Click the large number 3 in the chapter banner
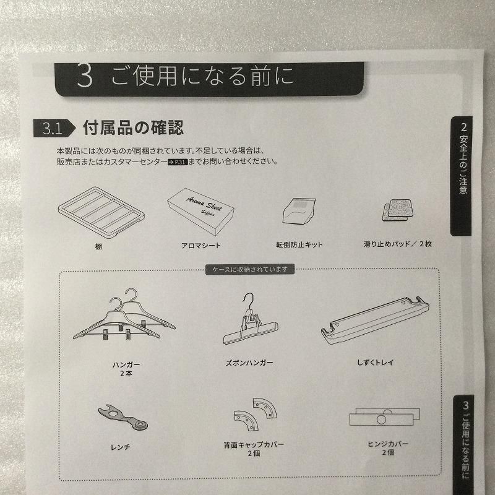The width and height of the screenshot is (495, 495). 85,77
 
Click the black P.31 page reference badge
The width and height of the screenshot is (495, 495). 176,162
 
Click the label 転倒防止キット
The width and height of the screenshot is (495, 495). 299,244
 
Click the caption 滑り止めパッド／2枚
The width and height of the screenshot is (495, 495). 398,244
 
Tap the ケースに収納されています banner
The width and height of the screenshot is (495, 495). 249,269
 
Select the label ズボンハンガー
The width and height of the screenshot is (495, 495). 250,362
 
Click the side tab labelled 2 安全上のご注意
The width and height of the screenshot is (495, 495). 463,176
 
